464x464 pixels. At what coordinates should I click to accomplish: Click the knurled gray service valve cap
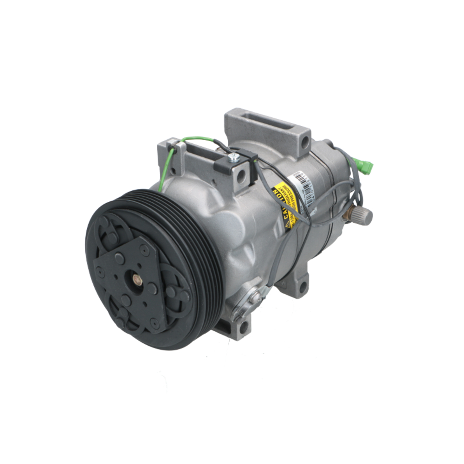[365, 216]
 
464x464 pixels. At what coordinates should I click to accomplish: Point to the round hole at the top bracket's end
[304, 141]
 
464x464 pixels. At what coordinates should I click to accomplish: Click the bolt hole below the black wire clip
[240, 176]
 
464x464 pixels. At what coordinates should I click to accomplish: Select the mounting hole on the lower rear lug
[303, 287]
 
